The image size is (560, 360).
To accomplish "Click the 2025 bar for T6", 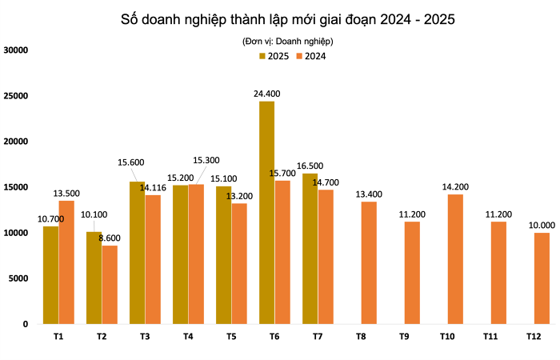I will [266, 213].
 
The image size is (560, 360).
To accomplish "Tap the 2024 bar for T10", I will [455, 259].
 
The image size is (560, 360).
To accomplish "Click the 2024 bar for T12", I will [542, 278].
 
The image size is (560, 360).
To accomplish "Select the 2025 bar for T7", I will [310, 249].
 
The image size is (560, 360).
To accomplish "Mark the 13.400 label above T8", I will [369, 194].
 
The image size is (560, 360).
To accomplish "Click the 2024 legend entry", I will [310, 56].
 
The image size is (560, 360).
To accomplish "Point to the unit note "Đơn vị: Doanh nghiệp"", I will [287, 40].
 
